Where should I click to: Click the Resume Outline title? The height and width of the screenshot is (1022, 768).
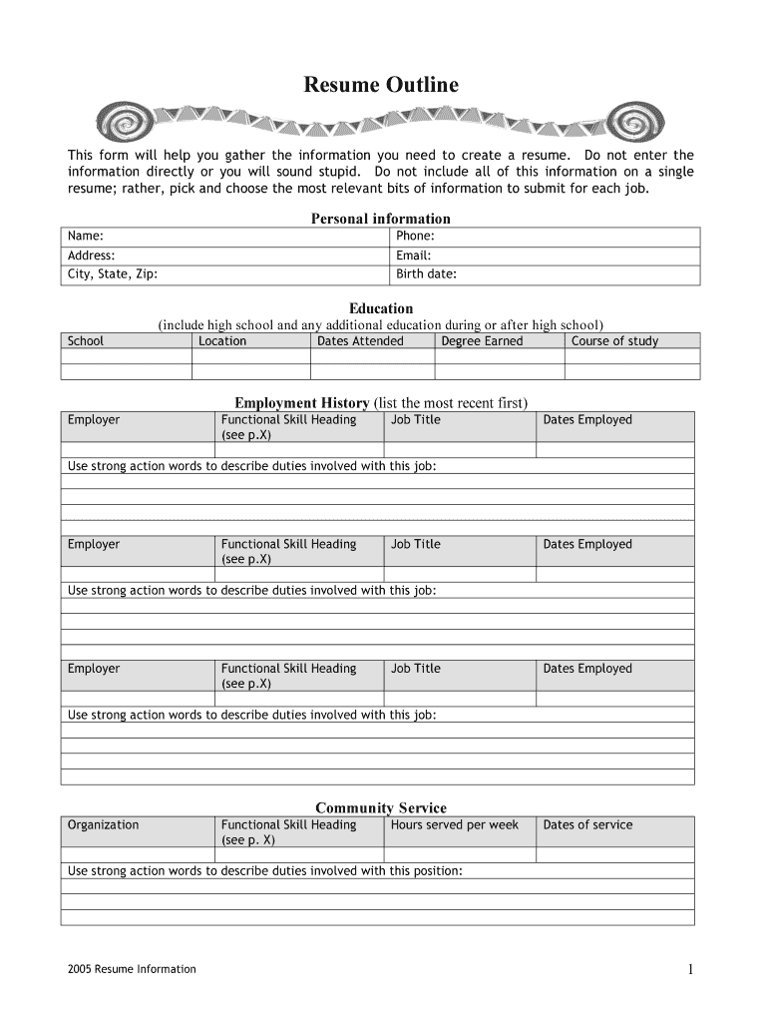(x=381, y=86)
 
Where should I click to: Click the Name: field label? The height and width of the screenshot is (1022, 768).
(x=86, y=237)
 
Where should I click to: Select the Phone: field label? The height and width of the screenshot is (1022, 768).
(x=416, y=237)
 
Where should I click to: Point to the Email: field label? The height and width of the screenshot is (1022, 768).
(x=414, y=255)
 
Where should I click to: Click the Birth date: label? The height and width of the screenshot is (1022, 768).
(x=426, y=274)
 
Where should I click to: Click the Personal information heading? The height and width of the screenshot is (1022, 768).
(x=381, y=219)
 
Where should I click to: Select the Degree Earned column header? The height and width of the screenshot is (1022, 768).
(x=482, y=341)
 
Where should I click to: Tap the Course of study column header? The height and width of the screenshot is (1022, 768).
(x=614, y=341)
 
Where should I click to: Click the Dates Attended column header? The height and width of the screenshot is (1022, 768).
(x=360, y=341)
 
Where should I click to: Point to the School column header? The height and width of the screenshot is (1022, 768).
(x=86, y=341)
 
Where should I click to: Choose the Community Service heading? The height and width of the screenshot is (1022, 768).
(x=381, y=807)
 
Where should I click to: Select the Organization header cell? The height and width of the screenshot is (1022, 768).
(x=104, y=825)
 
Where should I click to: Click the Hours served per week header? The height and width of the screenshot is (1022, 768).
(x=455, y=825)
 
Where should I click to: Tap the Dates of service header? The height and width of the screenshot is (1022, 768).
(x=587, y=825)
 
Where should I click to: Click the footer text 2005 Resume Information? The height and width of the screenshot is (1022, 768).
(x=133, y=969)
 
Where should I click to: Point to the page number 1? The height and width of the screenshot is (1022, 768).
(x=689, y=969)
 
